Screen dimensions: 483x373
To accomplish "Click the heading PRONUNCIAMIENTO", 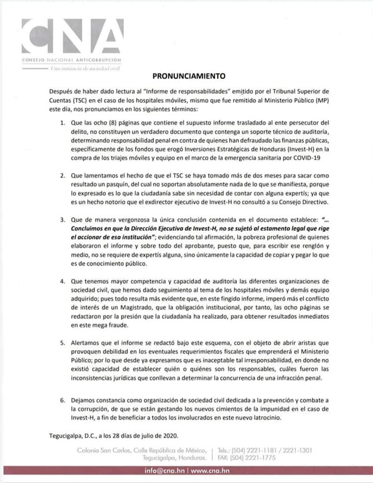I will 189,77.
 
